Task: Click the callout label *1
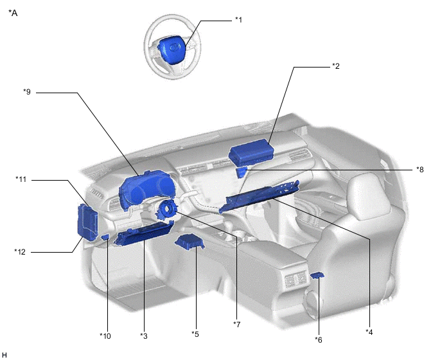tap(238, 20)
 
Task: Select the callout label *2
tap(335, 66)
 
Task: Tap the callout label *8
tap(420, 170)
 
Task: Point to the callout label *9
tap(27, 92)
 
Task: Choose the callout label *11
tap(21, 179)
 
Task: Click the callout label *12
tap(20, 251)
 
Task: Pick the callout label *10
tap(105, 336)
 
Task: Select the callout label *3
tap(144, 336)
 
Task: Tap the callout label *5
tap(195, 334)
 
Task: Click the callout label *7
tap(237, 325)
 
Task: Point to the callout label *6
tap(319, 340)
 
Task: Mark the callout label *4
tap(369, 332)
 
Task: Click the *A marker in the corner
tap(13, 13)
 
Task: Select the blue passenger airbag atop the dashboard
tap(251, 152)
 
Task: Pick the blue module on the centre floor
tap(190, 242)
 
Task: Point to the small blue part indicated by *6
tap(317, 274)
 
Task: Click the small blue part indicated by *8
tap(242, 172)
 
